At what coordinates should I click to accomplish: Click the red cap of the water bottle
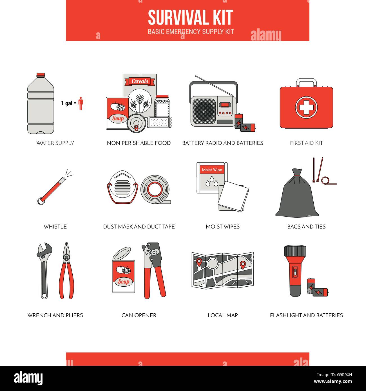41,75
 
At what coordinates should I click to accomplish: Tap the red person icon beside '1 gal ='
81,103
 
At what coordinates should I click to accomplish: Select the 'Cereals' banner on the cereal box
140,81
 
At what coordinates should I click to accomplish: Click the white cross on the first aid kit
306,107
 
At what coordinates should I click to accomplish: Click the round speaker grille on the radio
205,109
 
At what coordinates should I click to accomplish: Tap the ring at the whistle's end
41,201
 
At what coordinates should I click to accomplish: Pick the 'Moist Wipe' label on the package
212,170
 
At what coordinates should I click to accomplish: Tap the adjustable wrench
44,270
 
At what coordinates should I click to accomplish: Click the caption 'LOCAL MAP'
222,315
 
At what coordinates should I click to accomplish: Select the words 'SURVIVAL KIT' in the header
190,17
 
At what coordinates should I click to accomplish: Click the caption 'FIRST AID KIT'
306,143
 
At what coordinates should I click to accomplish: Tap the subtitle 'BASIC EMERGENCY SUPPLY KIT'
191,32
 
